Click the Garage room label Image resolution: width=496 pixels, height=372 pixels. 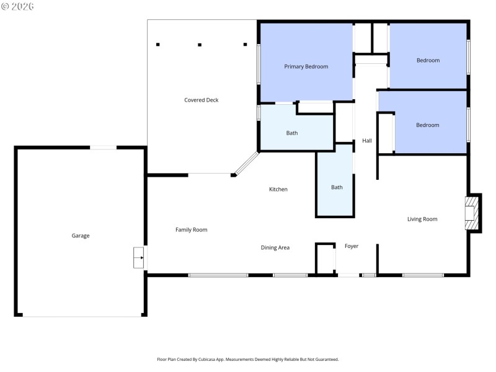81,236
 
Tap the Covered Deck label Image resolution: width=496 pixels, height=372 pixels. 201,100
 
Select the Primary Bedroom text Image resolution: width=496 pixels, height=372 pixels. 306,66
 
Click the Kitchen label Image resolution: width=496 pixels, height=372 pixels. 278,189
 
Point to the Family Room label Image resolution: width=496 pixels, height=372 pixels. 191,230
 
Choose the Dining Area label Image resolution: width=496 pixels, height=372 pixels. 275,248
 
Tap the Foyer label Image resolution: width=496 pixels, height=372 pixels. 352,246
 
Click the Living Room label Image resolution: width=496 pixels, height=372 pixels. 422,219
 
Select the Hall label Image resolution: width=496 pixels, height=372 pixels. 367,141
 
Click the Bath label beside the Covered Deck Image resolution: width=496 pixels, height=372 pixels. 292,133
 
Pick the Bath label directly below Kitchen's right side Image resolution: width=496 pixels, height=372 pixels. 337,187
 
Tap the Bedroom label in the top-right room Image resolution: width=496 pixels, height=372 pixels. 428,60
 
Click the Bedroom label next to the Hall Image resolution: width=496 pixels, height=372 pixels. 427,125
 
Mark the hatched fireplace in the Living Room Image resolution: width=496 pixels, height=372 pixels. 472,213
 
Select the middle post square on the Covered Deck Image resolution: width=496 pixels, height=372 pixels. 200,45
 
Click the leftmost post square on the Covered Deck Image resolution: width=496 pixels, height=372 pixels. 158,45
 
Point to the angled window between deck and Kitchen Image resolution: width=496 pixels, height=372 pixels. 247,164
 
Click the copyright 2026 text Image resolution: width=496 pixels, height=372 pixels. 18,6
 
